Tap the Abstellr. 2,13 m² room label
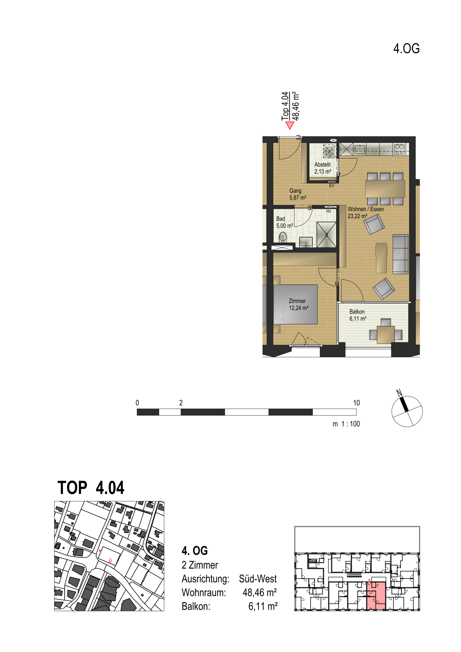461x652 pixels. pyautogui.click(x=323, y=168)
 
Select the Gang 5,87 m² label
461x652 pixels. pyautogui.click(x=297, y=194)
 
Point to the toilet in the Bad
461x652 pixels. pyautogui.click(x=283, y=237)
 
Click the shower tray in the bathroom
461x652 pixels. pyautogui.click(x=327, y=235)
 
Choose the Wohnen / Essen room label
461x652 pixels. pyautogui.click(x=366, y=212)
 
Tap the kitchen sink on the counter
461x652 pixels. pyautogui.click(x=360, y=149)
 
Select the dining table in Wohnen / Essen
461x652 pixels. pyautogui.click(x=385, y=189)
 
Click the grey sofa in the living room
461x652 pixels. pyautogui.click(x=400, y=254)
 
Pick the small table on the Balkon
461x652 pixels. pyautogui.click(x=386, y=335)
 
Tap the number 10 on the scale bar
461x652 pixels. pyautogui.click(x=356, y=403)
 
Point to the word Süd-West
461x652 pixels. pyautogui.click(x=258, y=579)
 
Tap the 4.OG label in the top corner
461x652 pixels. pyautogui.click(x=406, y=49)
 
